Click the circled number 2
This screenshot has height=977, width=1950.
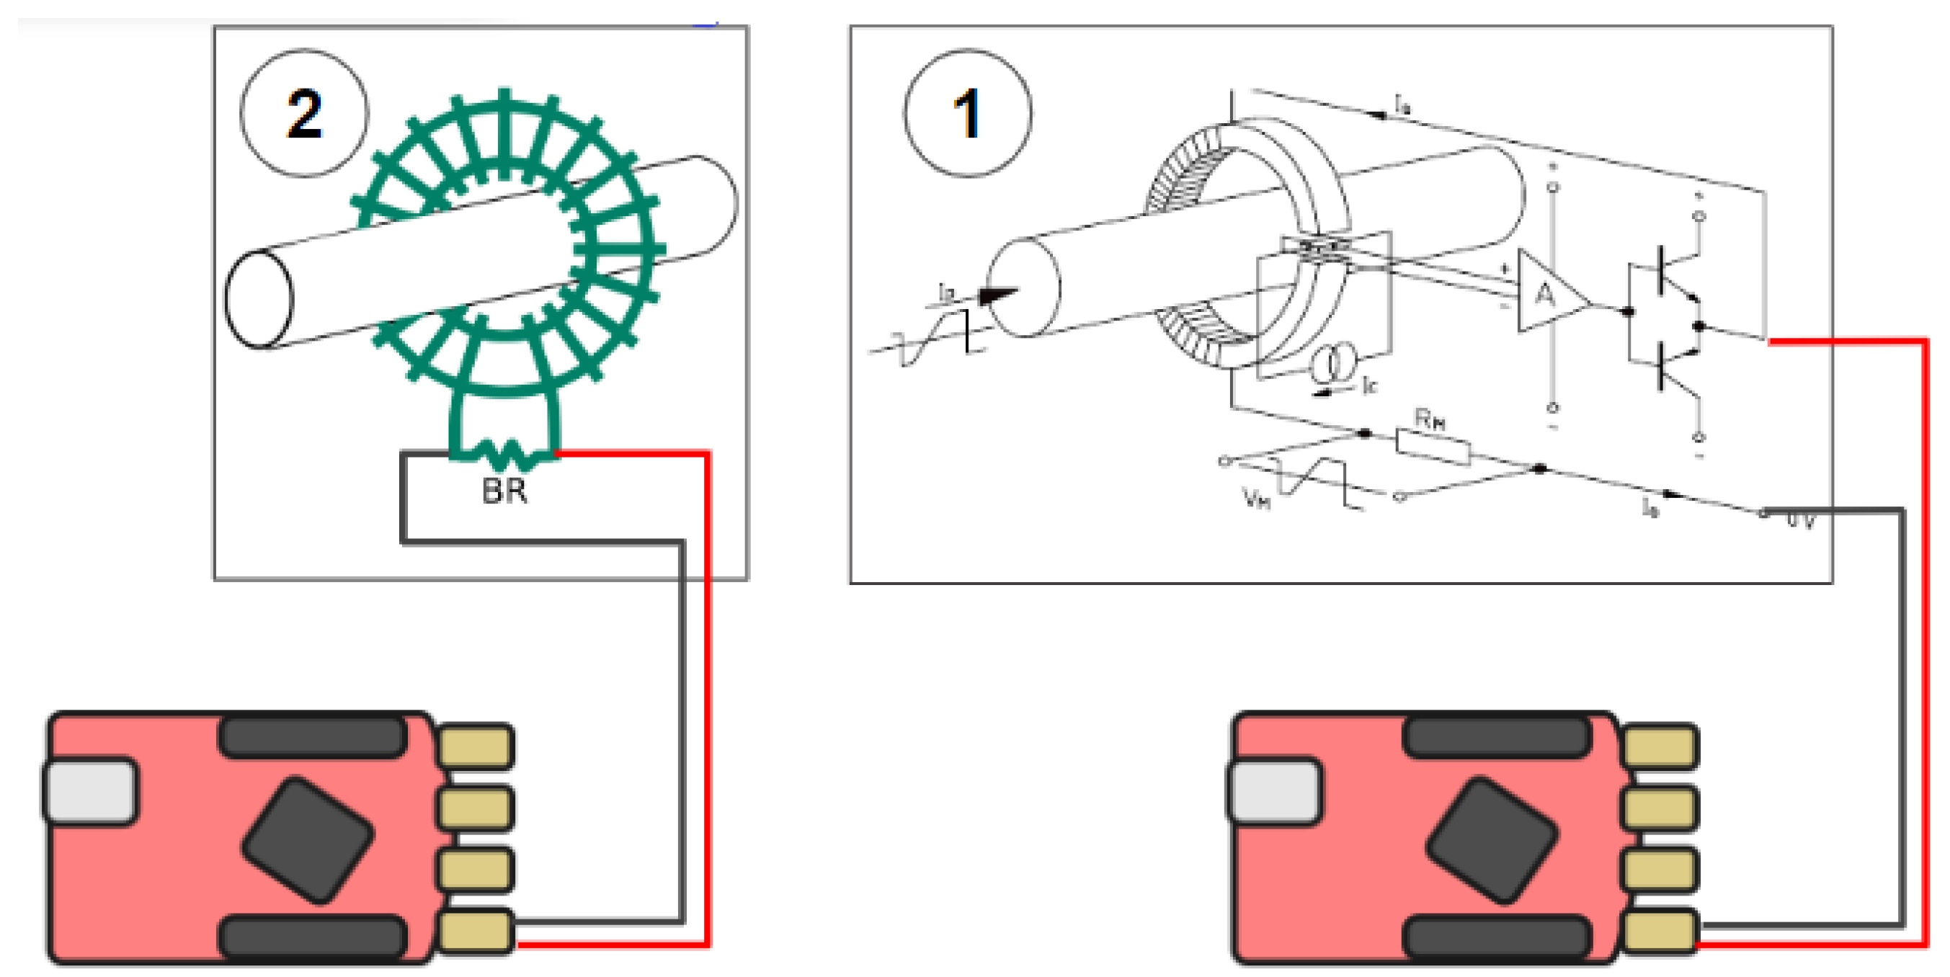(x=304, y=114)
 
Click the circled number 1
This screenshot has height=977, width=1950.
(x=966, y=114)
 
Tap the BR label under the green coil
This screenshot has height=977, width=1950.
(x=504, y=491)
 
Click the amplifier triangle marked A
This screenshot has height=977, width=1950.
(x=1548, y=294)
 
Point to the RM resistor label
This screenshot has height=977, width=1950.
(x=1430, y=419)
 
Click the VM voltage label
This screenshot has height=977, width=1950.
(x=1257, y=498)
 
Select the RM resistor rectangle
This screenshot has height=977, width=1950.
(x=1433, y=447)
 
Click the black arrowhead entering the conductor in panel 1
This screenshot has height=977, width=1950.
(x=998, y=295)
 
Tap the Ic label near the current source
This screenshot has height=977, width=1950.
(x=1369, y=385)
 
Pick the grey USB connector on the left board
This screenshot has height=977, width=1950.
(x=91, y=791)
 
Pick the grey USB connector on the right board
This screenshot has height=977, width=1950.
(x=1275, y=791)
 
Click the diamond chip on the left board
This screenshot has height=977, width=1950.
(x=307, y=839)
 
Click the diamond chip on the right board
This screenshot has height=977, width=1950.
(x=1491, y=839)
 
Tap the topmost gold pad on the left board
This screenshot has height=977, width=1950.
(x=476, y=746)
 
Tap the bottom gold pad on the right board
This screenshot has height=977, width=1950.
(x=1660, y=931)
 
